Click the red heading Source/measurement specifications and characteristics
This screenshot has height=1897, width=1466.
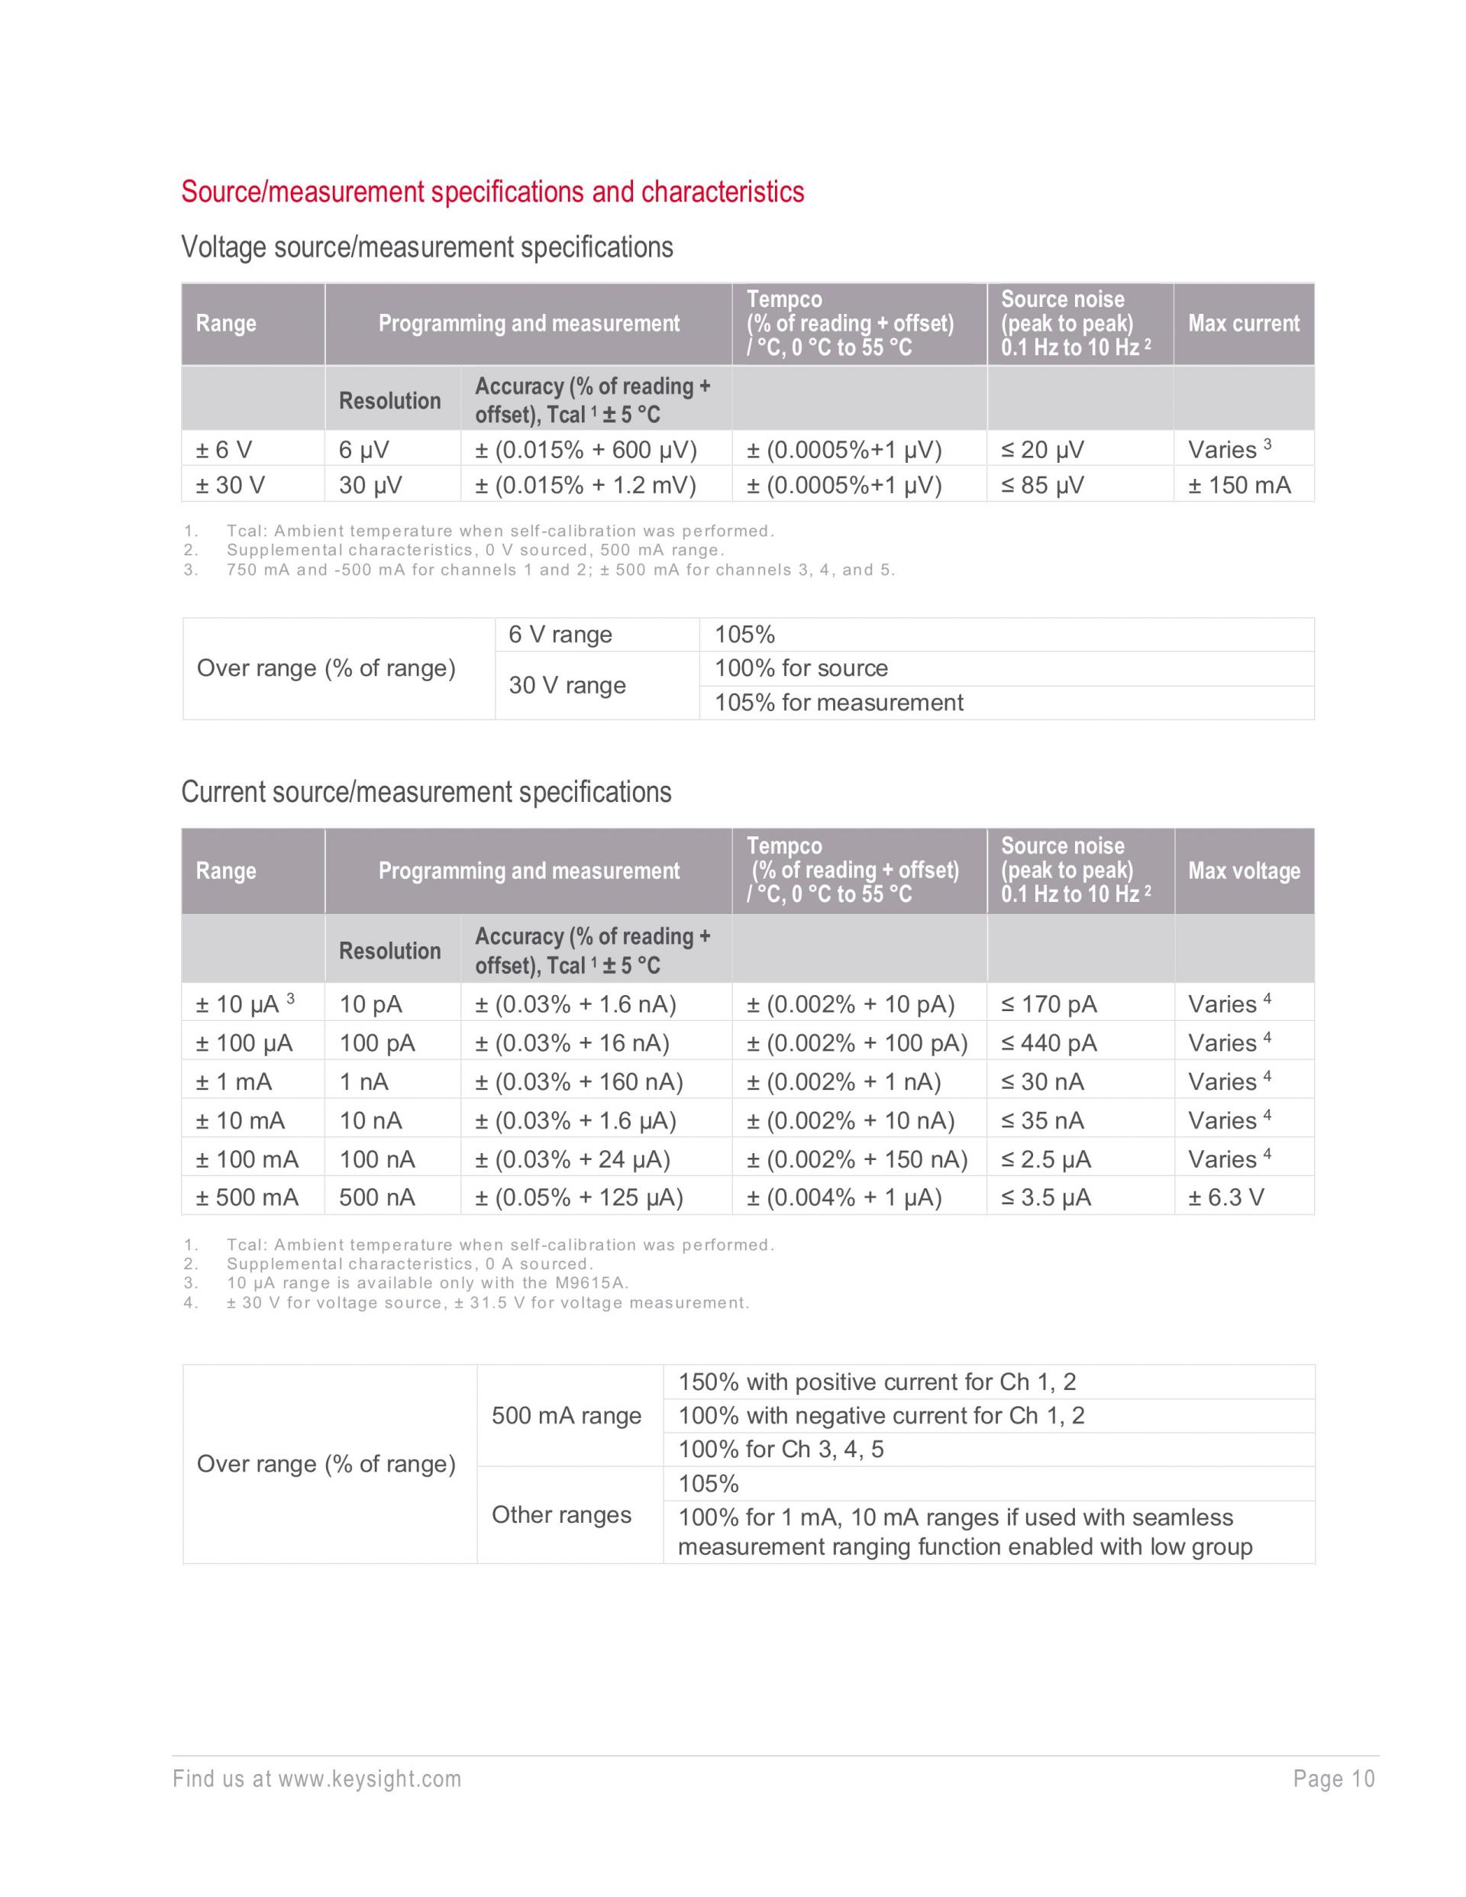click(x=492, y=192)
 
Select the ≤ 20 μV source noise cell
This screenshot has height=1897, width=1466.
click(x=1042, y=450)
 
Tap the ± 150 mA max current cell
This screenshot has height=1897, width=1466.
click(x=1239, y=485)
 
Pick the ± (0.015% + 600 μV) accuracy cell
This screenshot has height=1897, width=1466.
click(x=586, y=450)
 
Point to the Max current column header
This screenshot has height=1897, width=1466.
click(x=1243, y=324)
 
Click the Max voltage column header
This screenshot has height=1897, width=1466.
click(x=1244, y=871)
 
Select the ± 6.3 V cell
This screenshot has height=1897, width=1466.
click(x=1226, y=1197)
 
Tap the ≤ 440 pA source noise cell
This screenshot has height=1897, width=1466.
click(x=1049, y=1043)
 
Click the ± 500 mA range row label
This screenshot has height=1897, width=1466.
click(x=247, y=1197)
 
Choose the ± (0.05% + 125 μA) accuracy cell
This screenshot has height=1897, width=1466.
click(x=580, y=1197)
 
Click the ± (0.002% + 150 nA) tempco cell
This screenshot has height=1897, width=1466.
click(x=857, y=1159)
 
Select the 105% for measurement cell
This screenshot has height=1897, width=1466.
click(x=838, y=703)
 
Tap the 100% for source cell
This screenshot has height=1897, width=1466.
click(x=801, y=668)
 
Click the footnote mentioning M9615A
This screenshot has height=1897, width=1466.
click(x=428, y=1283)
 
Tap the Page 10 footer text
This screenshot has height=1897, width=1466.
click(x=1334, y=1779)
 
